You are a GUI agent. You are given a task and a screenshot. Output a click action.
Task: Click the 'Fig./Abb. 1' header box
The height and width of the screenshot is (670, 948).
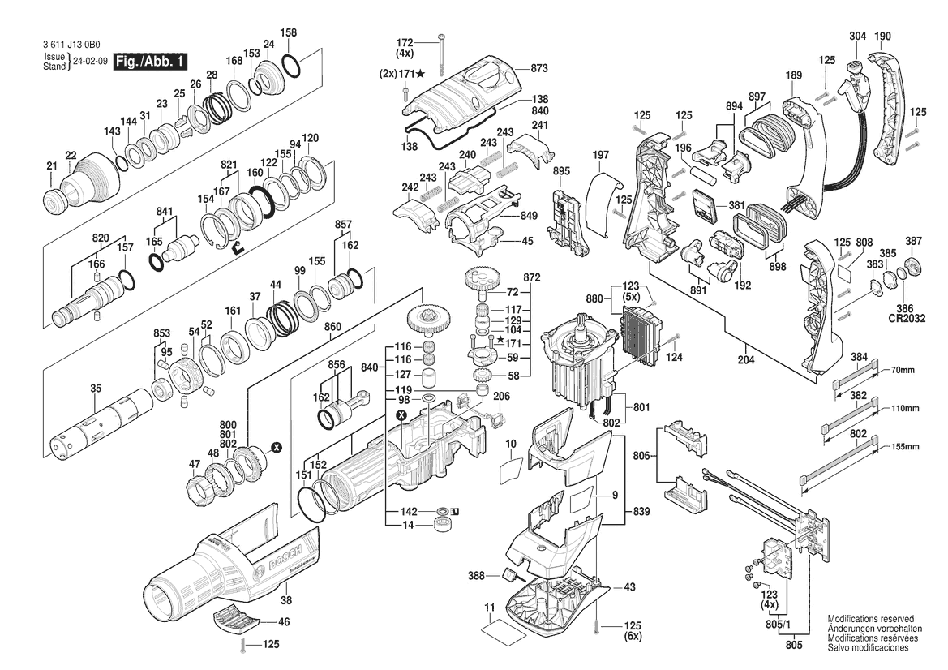[152, 62]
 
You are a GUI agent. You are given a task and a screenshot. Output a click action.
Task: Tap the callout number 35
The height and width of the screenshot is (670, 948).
[97, 389]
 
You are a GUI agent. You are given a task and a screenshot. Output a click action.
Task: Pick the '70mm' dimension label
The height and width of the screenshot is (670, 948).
[902, 370]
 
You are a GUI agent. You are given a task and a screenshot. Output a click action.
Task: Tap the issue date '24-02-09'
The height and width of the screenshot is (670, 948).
[90, 62]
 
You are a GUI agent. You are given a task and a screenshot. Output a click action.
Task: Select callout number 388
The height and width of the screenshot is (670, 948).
[476, 576]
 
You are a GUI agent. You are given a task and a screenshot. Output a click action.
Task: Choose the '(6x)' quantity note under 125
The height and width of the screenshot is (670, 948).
[633, 638]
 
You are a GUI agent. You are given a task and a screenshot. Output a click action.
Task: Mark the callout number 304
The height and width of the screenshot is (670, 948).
[858, 37]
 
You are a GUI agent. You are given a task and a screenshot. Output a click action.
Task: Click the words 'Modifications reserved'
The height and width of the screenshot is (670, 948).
[870, 618]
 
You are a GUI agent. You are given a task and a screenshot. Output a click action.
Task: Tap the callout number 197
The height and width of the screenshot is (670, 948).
[601, 155]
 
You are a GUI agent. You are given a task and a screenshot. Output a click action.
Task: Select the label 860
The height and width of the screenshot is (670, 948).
[332, 326]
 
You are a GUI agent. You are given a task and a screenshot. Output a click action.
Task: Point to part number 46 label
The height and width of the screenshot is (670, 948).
[284, 622]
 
